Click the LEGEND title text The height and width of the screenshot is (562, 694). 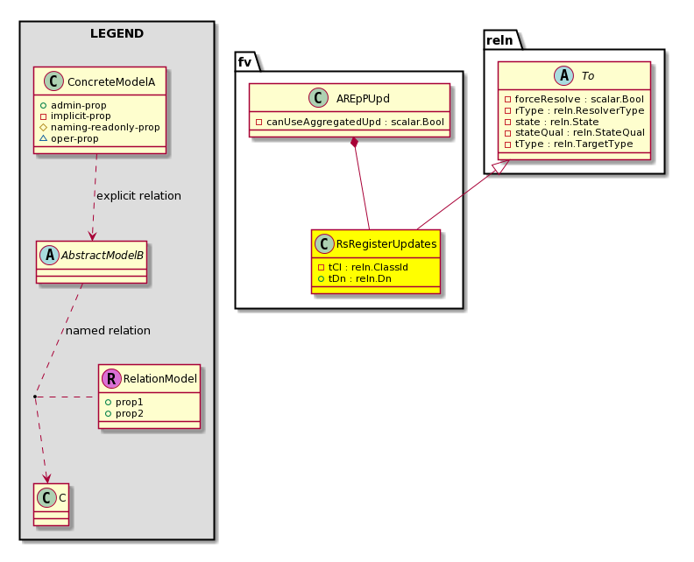[x=117, y=34]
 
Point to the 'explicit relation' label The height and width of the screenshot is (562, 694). [x=138, y=196]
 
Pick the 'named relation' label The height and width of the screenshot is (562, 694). [x=108, y=331]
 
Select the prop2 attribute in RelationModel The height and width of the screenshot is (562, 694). [x=128, y=412]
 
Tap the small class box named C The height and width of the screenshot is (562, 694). [x=50, y=497]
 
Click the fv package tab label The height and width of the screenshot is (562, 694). [x=244, y=61]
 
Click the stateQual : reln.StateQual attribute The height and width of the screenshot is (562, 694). [x=574, y=132]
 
